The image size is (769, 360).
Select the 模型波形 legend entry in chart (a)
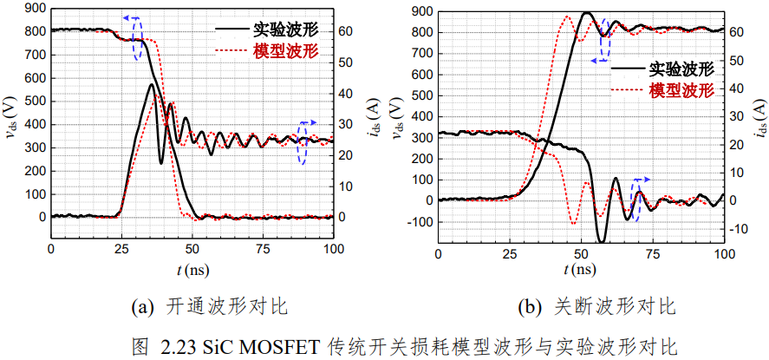click(267, 49)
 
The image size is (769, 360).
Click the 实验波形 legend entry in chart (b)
click(662, 69)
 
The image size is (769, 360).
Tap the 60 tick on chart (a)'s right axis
click(345, 31)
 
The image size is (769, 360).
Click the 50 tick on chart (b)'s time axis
click(581, 254)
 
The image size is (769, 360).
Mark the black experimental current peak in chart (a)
click(152, 85)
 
